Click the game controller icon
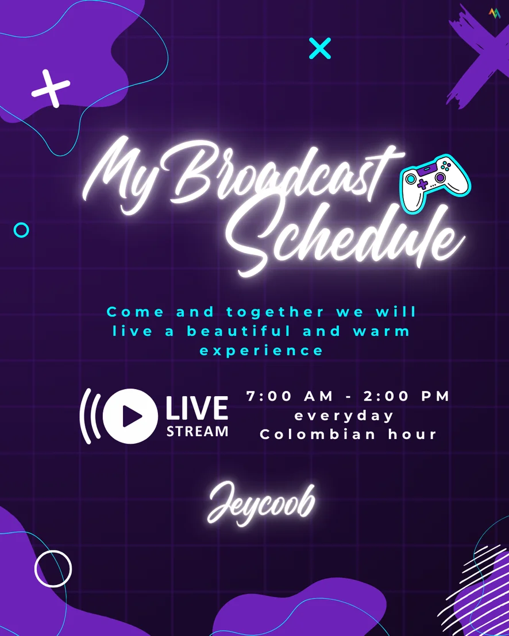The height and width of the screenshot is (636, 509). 435,183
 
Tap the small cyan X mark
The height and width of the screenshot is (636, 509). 320,48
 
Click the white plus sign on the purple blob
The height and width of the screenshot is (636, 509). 51,88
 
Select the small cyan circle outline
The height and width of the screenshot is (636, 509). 21,230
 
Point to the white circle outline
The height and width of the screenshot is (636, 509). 36,569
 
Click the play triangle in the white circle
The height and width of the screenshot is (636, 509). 132,416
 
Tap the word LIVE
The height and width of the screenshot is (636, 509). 197,408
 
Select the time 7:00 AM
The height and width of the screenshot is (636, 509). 290,396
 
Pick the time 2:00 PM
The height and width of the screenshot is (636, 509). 406,396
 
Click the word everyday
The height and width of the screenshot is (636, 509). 344,416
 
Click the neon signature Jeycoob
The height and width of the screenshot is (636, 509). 261,504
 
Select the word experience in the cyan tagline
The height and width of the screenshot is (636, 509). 261,351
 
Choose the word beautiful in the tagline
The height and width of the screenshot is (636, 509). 239,331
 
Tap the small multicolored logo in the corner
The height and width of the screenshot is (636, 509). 495,13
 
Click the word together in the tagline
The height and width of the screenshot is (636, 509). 275,312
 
